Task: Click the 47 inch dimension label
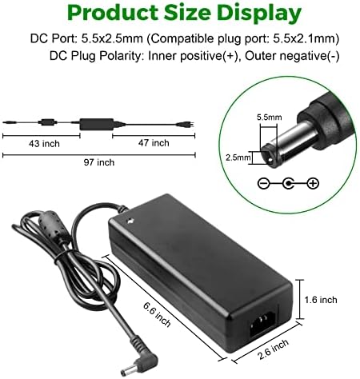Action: tap(152, 144)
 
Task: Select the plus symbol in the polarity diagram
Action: tap(311, 183)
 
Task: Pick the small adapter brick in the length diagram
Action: tap(96, 122)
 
